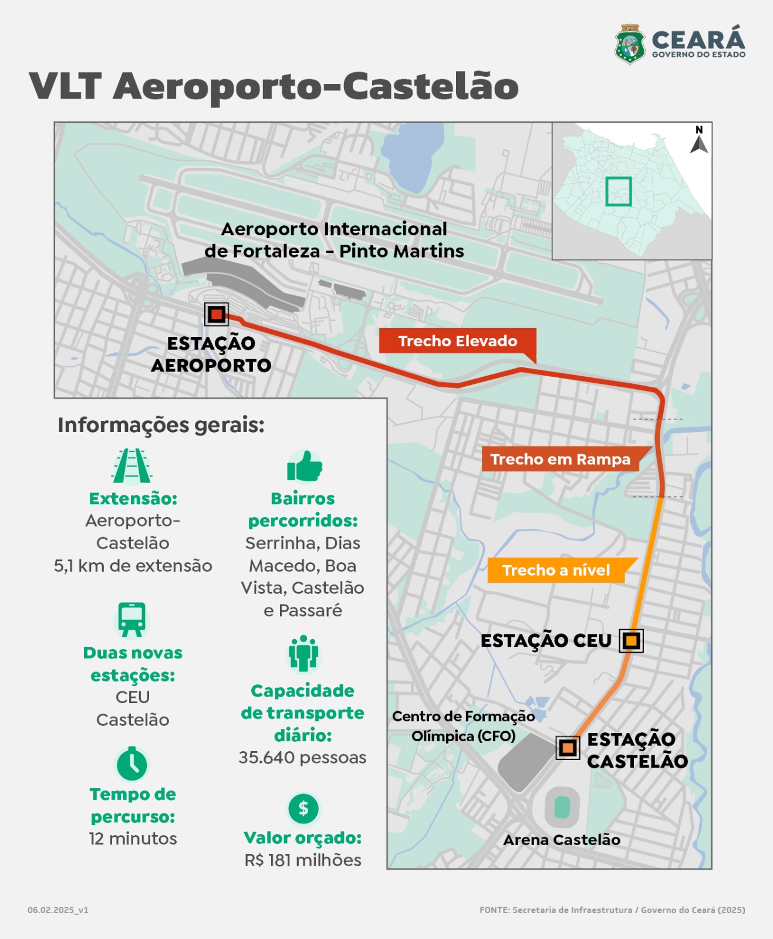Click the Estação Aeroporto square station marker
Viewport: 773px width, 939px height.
pyautogui.click(x=217, y=315)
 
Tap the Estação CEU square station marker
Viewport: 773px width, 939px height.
pyautogui.click(x=631, y=641)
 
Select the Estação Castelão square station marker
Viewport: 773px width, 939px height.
pyautogui.click(x=568, y=748)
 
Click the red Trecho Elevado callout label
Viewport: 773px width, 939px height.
pyautogui.click(x=457, y=342)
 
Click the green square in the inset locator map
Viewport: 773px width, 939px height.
pyautogui.click(x=619, y=191)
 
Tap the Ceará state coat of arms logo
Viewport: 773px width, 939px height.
pyautogui.click(x=630, y=45)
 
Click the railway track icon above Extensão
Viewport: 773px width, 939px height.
pyautogui.click(x=132, y=466)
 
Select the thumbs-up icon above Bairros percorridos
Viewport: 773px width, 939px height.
pyautogui.click(x=305, y=466)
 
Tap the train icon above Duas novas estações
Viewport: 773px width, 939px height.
pyautogui.click(x=132, y=619)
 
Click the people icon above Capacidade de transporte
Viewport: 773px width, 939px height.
pyautogui.click(x=303, y=653)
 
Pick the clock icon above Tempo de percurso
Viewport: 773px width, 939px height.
pyautogui.click(x=132, y=764)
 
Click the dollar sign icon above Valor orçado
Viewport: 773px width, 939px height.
pyautogui.click(x=303, y=809)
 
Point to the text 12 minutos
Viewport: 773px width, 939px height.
pyautogui.click(x=133, y=839)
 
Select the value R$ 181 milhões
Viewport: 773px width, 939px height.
pyautogui.click(x=303, y=860)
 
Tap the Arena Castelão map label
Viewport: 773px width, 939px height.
pyautogui.click(x=562, y=840)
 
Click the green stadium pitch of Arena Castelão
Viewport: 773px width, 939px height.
pyautogui.click(x=562, y=807)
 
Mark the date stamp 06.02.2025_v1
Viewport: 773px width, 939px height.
pyautogui.click(x=58, y=910)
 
